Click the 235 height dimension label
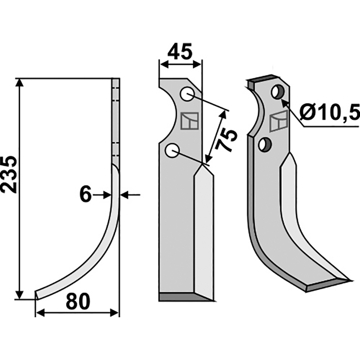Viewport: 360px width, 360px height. click(x=10, y=175)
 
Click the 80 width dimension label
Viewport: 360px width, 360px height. click(x=77, y=302)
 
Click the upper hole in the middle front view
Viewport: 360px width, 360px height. click(x=187, y=94)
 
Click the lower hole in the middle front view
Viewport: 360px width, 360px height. click(x=172, y=150)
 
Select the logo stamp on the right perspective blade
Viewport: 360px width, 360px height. click(x=279, y=121)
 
